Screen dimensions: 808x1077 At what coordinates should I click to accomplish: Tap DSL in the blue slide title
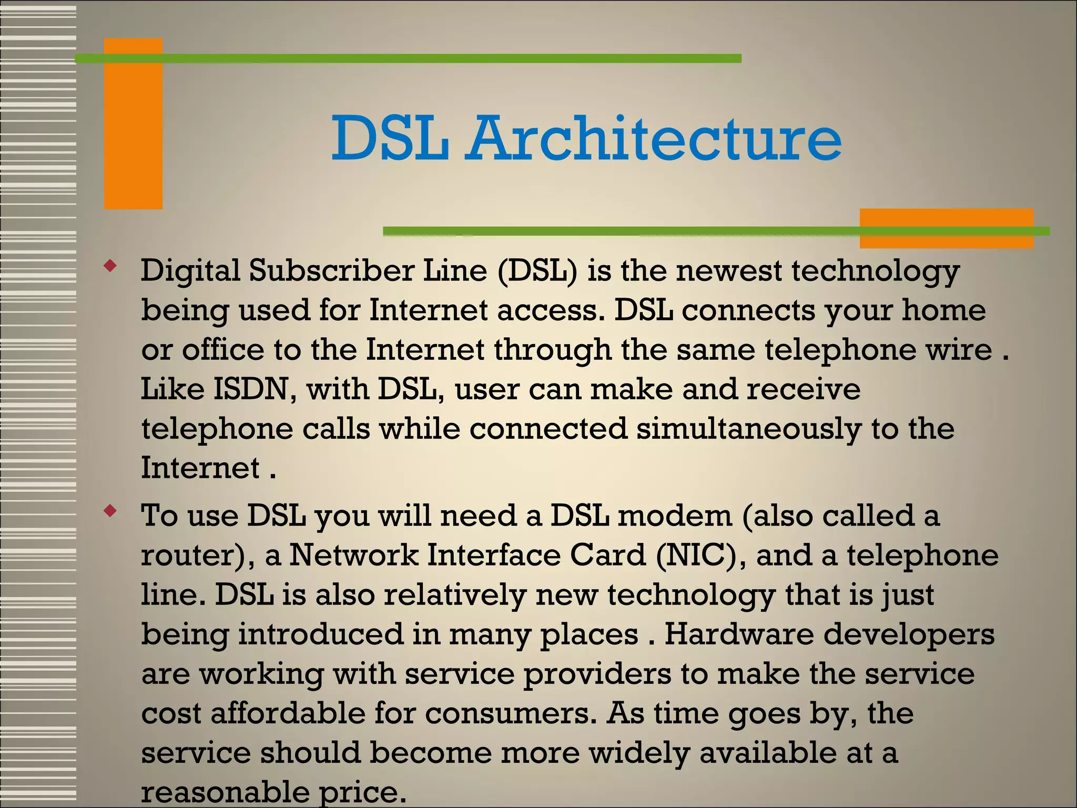click(390, 139)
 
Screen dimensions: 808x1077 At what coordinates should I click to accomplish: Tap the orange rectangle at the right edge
click(946, 228)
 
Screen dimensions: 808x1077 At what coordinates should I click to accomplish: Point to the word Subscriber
click(331, 271)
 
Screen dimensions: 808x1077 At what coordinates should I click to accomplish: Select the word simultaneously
click(748, 429)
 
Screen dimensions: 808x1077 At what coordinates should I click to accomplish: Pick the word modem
click(675, 516)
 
